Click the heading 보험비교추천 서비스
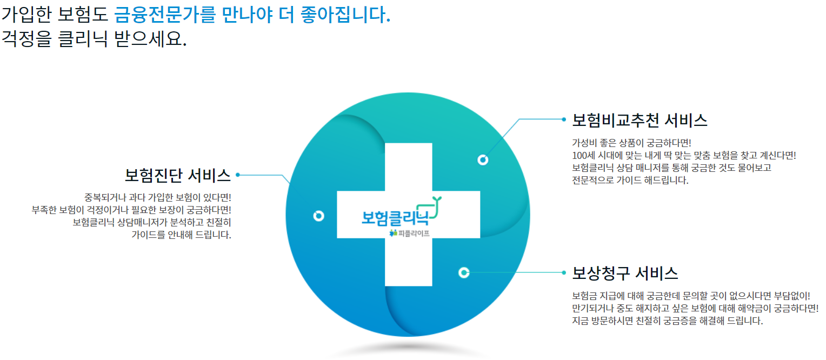(640, 121)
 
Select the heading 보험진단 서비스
(178, 175)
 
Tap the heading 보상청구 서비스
(625, 273)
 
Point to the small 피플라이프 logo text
(413, 234)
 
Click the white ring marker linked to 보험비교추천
(483, 159)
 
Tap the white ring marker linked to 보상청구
(463, 272)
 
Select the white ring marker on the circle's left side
(318, 216)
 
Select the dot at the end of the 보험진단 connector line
(238, 175)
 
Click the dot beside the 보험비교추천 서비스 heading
(563, 119)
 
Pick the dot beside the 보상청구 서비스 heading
(563, 272)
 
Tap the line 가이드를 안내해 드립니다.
(181, 235)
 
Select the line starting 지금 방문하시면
(667, 321)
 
